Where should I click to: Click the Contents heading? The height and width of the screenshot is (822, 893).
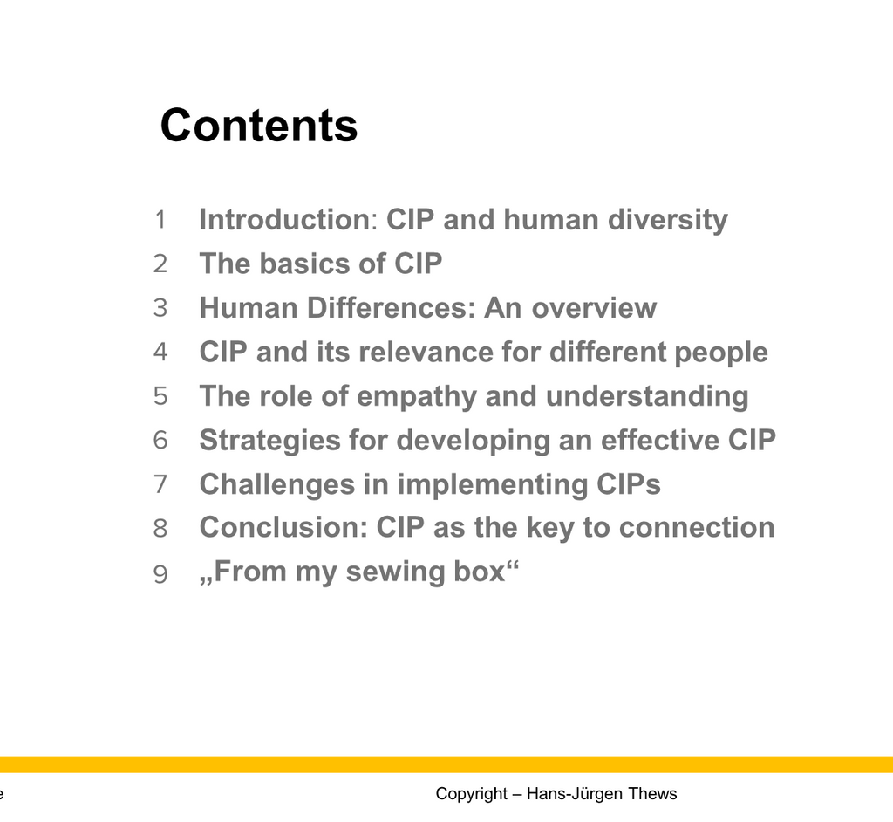pos(258,126)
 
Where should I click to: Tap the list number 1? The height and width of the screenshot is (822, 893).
pos(160,220)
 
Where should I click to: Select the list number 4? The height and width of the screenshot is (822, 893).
pos(160,352)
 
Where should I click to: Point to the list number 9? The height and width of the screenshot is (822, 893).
pos(160,574)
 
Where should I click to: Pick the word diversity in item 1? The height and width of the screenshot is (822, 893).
pos(667,221)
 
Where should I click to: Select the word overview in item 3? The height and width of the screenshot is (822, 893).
pos(594,308)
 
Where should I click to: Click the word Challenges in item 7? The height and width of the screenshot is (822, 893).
pos(276,485)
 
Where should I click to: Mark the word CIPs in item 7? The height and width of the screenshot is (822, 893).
pos(628,484)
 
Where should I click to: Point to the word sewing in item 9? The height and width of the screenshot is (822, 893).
pos(395,572)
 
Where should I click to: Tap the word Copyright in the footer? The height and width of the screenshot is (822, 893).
pos(472,794)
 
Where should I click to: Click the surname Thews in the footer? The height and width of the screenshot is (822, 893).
pos(652,793)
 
